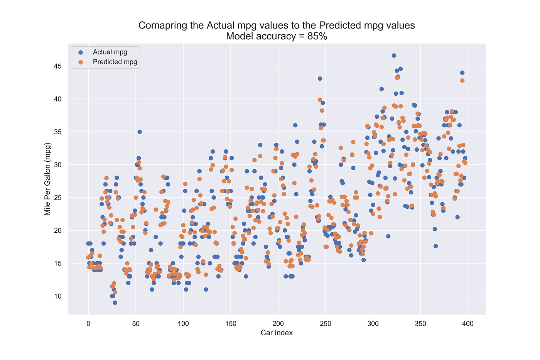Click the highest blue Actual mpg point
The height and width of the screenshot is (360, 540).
click(x=394, y=56)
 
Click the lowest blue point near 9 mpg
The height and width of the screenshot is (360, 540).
click(x=115, y=303)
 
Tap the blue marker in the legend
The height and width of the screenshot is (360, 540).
click(x=80, y=52)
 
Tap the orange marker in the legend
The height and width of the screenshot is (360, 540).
click(x=80, y=62)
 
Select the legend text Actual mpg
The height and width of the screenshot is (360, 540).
click(x=110, y=52)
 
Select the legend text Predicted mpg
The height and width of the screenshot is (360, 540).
click(x=115, y=62)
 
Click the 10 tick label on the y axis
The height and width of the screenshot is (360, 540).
click(x=57, y=296)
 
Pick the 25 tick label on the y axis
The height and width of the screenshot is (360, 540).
click(x=57, y=198)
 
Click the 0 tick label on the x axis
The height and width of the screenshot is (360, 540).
click(x=88, y=324)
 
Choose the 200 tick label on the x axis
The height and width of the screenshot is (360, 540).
click(x=278, y=324)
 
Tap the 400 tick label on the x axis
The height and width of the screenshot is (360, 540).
click(x=468, y=324)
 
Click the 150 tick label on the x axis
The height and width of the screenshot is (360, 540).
click(x=231, y=324)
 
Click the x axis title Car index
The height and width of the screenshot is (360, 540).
click(x=277, y=333)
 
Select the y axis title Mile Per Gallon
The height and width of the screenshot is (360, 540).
click(x=47, y=179)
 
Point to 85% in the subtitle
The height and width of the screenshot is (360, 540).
click(x=317, y=36)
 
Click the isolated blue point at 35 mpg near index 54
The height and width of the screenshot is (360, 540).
click(x=140, y=132)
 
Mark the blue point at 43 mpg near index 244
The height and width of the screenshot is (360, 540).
click(x=320, y=79)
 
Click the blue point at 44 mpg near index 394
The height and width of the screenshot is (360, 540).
click(x=462, y=73)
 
